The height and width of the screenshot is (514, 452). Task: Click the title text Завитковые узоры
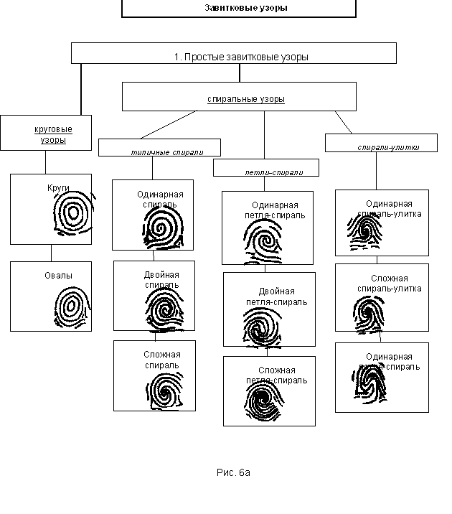pyautogui.click(x=237, y=8)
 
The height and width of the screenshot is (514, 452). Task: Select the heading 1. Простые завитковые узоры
pyautogui.click(x=241, y=57)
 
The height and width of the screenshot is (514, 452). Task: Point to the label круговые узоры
pyautogui.click(x=53, y=134)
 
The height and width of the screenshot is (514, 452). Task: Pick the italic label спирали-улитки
pyautogui.click(x=388, y=147)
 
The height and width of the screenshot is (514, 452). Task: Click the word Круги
pyautogui.click(x=58, y=187)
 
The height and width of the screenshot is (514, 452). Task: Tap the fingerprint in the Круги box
pyautogui.click(x=72, y=214)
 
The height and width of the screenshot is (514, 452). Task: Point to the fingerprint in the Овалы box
pyautogui.click(x=72, y=307)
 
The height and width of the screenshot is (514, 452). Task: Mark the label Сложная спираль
pyautogui.click(x=161, y=360)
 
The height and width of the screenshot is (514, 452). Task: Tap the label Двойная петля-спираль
pyautogui.click(x=283, y=296)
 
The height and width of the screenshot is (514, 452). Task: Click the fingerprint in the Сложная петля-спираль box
pyautogui.click(x=262, y=403)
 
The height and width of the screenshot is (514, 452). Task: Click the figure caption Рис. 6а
pyautogui.click(x=233, y=472)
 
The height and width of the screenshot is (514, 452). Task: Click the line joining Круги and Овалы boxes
pyautogui.click(x=51, y=253)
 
